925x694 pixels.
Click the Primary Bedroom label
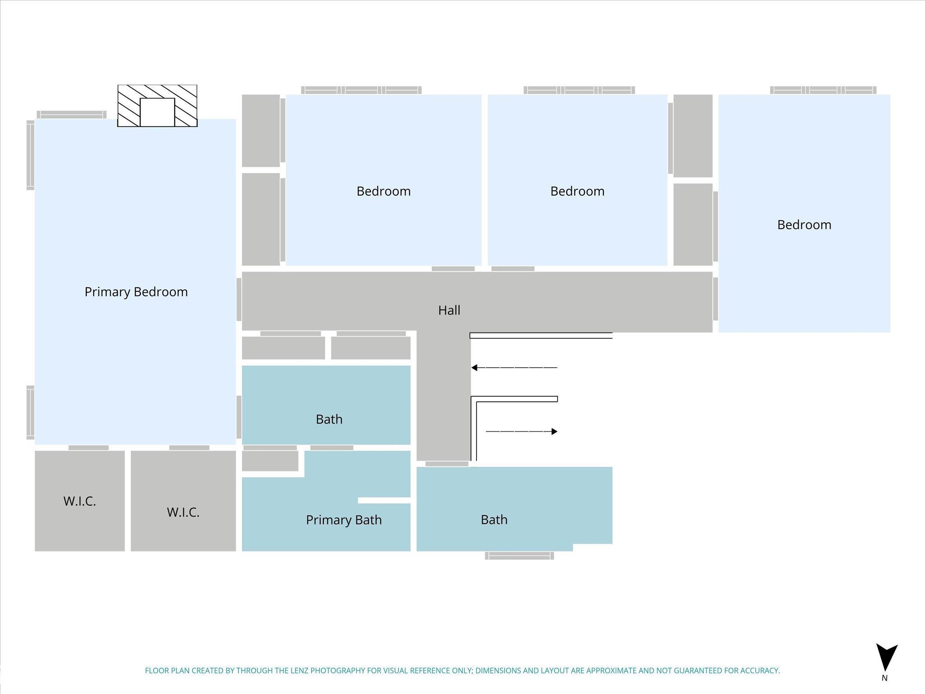tap(136, 292)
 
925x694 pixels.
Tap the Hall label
tap(449, 310)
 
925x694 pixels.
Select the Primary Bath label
tap(344, 520)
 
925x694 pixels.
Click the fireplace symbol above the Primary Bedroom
tap(157, 106)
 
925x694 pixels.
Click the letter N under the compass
tap(884, 678)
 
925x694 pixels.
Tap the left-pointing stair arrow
tap(514, 368)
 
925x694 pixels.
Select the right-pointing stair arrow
tap(521, 431)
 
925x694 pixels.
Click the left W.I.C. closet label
tap(79, 501)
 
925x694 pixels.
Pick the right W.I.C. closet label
tap(183, 512)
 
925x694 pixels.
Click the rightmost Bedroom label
tap(804, 225)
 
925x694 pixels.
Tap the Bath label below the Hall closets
tap(329, 419)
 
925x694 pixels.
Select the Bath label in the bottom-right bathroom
tap(494, 520)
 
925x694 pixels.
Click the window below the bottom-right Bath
tap(519, 556)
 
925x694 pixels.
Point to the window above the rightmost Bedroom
tap(823, 90)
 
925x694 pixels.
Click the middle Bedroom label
tap(577, 192)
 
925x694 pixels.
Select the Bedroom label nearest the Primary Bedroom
tap(383, 192)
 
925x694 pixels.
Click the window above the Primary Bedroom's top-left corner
tap(71, 115)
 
